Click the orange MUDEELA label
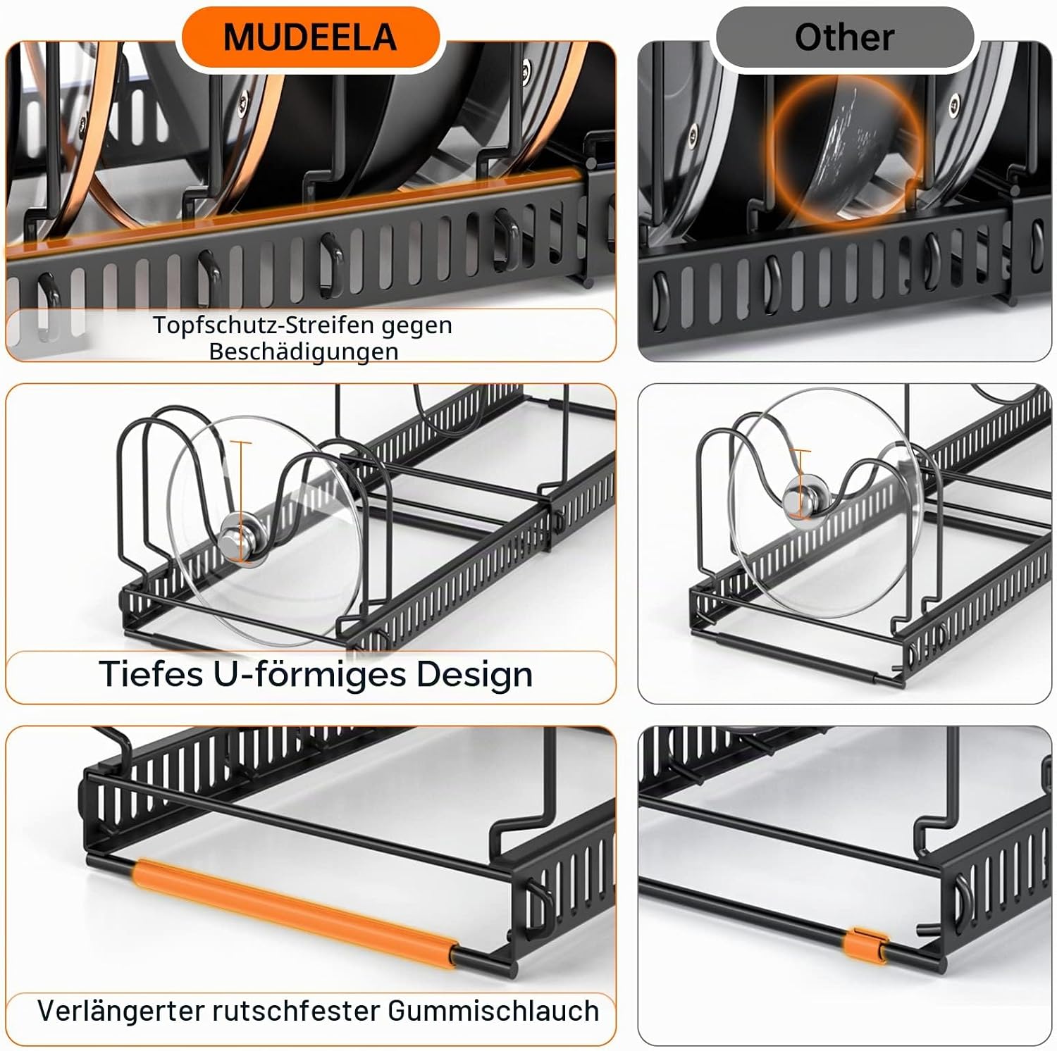click(310, 37)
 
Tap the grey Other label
click(843, 37)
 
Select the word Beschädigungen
click(304, 351)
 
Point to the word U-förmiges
click(309, 674)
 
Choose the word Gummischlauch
click(493, 1011)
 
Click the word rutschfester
click(295, 1011)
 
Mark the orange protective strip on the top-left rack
click(296, 211)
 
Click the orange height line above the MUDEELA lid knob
click(240, 479)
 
